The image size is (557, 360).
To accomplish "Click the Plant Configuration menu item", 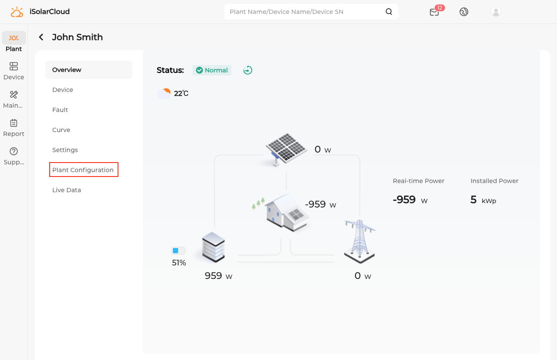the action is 83,170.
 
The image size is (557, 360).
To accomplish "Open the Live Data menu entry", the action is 66,190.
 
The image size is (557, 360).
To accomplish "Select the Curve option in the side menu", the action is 61,130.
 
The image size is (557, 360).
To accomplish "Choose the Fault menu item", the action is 60,110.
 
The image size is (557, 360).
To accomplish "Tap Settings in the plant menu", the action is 65,150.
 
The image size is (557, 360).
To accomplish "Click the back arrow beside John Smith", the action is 41,37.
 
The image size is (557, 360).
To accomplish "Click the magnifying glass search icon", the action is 388,12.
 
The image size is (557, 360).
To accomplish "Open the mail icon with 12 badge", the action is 435,12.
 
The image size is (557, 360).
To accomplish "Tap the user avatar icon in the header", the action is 496,12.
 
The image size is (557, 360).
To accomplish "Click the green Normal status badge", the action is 212,70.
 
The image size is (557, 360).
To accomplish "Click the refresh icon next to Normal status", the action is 248,70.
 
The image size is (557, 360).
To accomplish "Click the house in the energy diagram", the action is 287,212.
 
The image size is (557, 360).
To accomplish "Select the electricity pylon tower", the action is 360,241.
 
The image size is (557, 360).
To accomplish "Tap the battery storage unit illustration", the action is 213,247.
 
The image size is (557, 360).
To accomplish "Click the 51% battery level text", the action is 179,263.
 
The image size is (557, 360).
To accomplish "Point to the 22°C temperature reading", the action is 181,94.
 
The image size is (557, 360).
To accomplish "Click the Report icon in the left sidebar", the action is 14,123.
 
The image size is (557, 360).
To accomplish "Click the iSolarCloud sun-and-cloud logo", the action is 17,12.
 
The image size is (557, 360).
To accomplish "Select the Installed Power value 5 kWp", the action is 483,200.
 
